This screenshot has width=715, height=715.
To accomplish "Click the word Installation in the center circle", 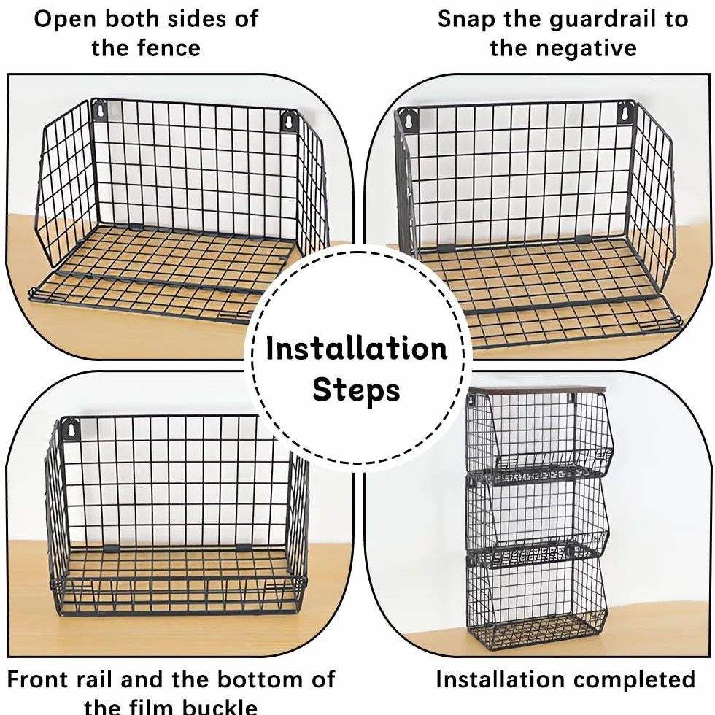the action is [357, 349].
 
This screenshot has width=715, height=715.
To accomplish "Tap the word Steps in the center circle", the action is [356, 391].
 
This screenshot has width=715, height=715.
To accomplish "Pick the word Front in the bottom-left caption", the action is [36, 680].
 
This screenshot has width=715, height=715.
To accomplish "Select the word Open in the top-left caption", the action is [65, 20].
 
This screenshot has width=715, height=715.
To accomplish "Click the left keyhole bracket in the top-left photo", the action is [99, 110].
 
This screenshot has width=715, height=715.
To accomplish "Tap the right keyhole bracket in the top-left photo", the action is [289, 122].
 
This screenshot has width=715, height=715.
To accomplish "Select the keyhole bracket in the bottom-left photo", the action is [71, 429].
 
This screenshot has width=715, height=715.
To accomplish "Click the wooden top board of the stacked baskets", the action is [538, 390].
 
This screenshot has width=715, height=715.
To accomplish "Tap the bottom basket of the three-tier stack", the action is [537, 601].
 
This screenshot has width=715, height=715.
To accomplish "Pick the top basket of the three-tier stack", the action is [537, 437].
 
